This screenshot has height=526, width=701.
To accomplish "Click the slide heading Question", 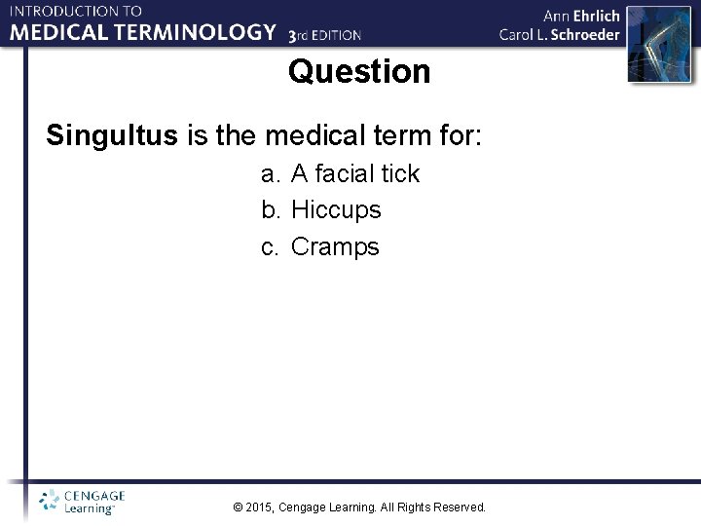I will click(358, 72).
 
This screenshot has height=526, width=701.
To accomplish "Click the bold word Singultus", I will click(112, 135).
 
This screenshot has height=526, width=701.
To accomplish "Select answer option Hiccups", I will click(336, 209).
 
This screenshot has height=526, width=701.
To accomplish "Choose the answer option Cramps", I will click(335, 246).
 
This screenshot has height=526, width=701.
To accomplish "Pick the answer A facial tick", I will click(354, 173).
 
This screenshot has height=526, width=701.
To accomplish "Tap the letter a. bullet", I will click(271, 173).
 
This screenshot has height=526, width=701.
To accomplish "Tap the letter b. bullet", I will click(271, 209).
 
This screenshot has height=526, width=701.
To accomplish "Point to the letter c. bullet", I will click(271, 246).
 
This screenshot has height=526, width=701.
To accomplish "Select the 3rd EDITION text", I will click(325, 35).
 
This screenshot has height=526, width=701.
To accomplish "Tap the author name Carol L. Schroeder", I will click(559, 34).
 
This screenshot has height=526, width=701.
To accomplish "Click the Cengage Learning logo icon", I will click(49, 501).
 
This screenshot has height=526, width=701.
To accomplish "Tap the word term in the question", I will click(396, 135).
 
